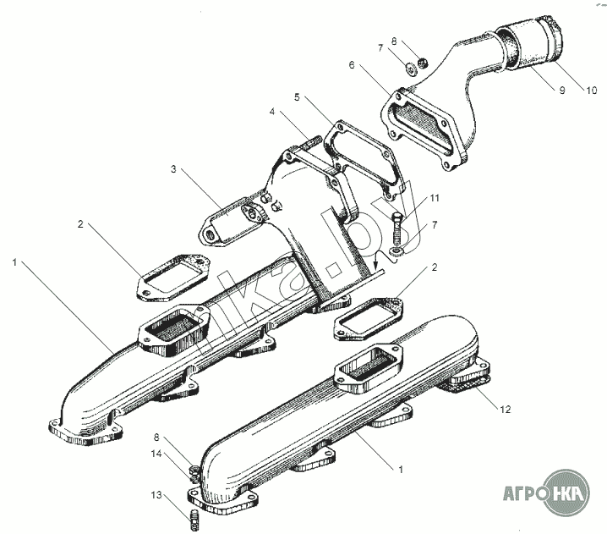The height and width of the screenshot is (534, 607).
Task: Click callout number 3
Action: [173, 170]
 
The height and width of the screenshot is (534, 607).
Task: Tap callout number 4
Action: [273, 111]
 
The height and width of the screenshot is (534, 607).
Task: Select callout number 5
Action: [298, 97]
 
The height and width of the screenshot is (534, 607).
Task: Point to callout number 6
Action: [351, 64]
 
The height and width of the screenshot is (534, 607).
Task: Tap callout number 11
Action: [435, 199]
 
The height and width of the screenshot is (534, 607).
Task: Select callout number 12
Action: [505, 410]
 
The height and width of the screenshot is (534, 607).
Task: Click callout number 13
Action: [156, 495]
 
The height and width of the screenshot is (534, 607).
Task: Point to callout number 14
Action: [156, 454]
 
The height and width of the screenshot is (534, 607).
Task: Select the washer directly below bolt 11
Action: [399, 252]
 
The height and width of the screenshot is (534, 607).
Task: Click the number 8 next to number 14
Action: [156, 438]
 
